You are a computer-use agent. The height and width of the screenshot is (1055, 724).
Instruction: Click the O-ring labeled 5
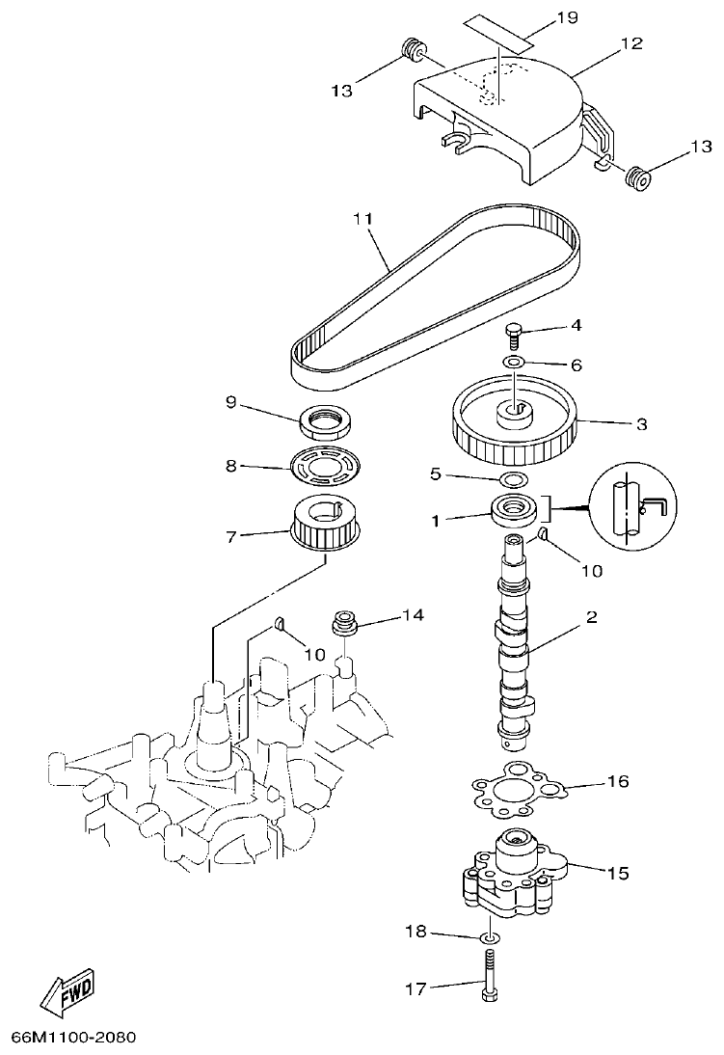pos(513,478)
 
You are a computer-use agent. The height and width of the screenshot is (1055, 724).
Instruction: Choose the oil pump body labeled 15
pos(511,873)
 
